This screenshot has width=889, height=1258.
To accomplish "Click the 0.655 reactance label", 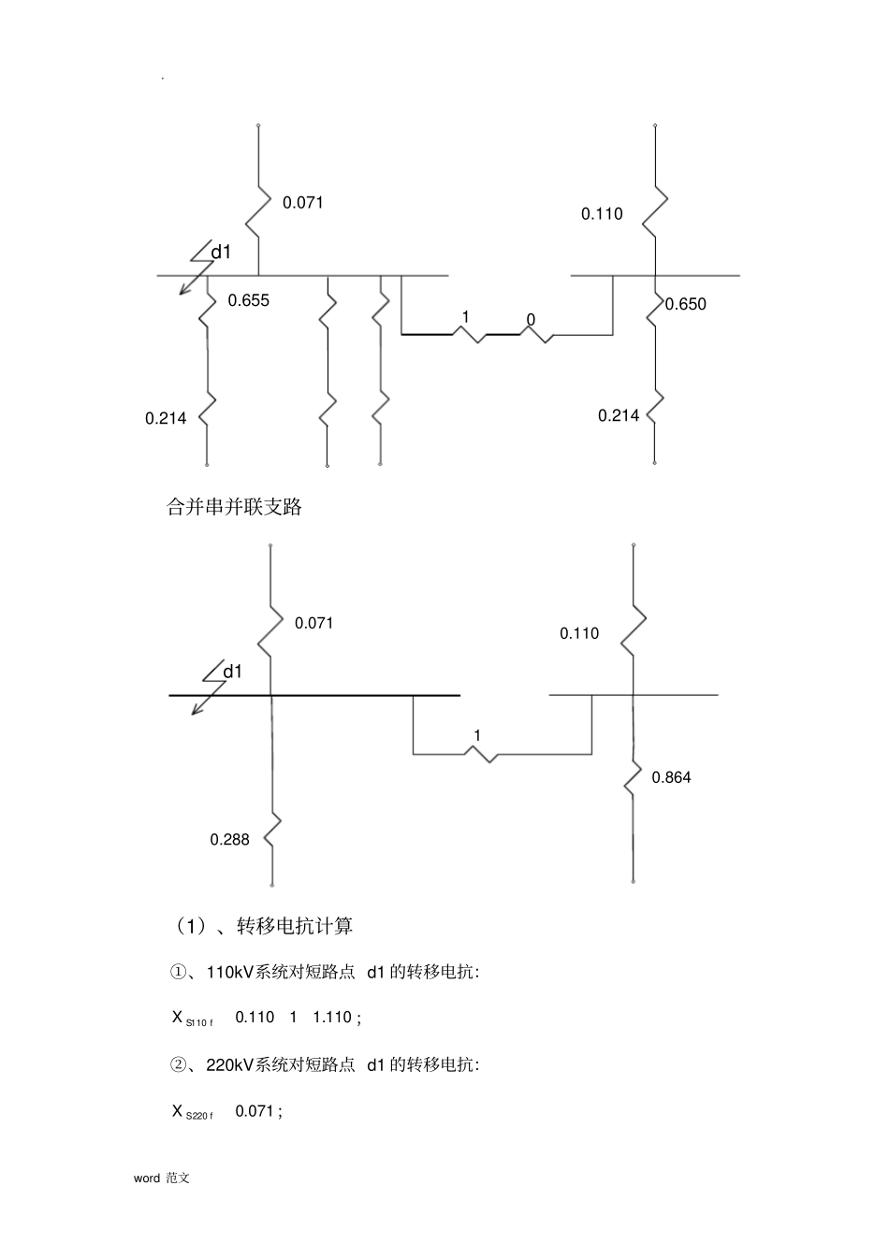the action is point(248,300).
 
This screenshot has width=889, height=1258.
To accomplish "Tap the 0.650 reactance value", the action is point(686,304).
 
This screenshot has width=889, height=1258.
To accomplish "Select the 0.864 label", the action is point(671,777).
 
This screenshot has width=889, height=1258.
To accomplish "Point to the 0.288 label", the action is point(229,839).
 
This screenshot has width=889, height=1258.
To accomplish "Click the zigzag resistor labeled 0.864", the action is point(633,778).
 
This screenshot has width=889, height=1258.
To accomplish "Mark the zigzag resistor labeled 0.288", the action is point(272,829).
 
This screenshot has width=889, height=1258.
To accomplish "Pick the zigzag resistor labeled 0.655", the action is point(208,309).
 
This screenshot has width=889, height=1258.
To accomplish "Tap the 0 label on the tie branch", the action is point(531,320).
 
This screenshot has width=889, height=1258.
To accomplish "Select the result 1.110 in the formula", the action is point(332,1017).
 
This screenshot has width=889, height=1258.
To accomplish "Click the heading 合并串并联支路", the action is point(234,507).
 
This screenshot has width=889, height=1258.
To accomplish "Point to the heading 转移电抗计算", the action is point(295,926).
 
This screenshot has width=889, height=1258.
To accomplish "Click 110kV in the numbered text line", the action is point(230,972).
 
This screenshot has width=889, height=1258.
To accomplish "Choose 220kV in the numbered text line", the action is point(230,1064).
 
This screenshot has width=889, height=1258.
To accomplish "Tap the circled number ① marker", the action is point(178,972).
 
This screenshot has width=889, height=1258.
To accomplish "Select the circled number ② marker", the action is point(178,1064).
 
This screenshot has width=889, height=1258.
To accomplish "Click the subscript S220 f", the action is point(199,1115).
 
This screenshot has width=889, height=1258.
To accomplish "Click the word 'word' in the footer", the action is point(147,1178).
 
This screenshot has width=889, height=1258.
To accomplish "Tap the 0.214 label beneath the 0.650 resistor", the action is point(619,415).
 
